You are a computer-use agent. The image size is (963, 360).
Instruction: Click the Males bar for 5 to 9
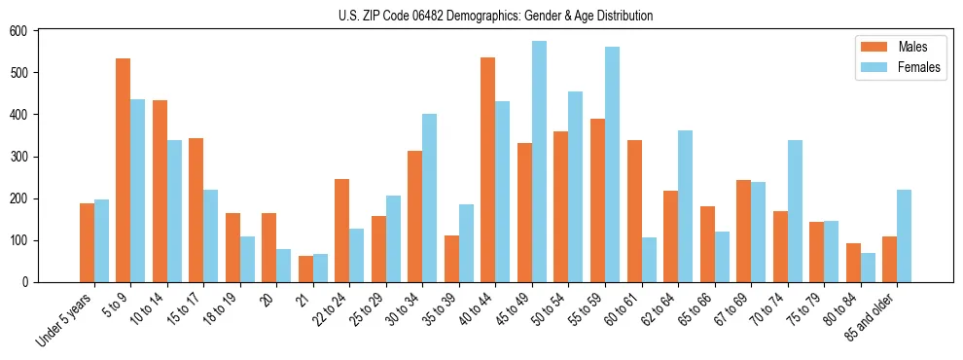pyautogui.click(x=124, y=170)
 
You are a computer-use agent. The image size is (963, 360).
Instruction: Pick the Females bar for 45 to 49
pyautogui.click(x=539, y=162)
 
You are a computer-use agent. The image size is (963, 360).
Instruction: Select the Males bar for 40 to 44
pyautogui.click(x=488, y=169)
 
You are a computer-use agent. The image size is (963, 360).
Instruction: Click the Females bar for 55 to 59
pyautogui.click(x=612, y=164)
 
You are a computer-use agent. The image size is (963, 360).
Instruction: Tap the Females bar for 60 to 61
pyautogui.click(x=649, y=260)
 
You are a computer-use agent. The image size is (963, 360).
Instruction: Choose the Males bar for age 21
pyautogui.click(x=305, y=269)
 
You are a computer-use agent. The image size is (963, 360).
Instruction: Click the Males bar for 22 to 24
pyautogui.click(x=342, y=231)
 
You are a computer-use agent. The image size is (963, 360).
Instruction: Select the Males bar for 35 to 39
pyautogui.click(x=451, y=259)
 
